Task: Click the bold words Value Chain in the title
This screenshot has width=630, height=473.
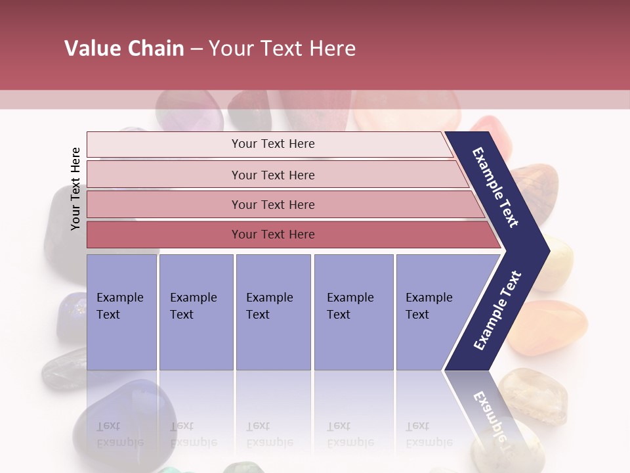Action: (124, 49)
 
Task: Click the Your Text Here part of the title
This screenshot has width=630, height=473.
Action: (282, 49)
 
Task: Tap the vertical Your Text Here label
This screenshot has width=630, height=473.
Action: (75, 189)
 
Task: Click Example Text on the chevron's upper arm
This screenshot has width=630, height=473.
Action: (496, 187)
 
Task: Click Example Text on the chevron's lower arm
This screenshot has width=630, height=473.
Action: (497, 310)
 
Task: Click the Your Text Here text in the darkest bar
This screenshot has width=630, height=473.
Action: (273, 235)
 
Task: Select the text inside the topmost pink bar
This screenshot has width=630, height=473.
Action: (273, 144)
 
